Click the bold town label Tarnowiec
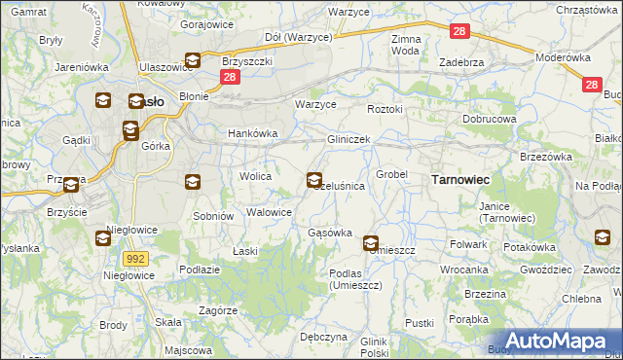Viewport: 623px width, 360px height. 459,180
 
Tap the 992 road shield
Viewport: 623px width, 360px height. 135,258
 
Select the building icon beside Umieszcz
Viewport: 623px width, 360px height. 371,243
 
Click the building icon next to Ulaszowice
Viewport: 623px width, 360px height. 193,60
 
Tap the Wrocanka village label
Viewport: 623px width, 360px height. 463,270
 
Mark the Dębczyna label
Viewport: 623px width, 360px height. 323,337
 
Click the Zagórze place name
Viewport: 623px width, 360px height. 218,310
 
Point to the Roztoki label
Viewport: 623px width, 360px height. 385,110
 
